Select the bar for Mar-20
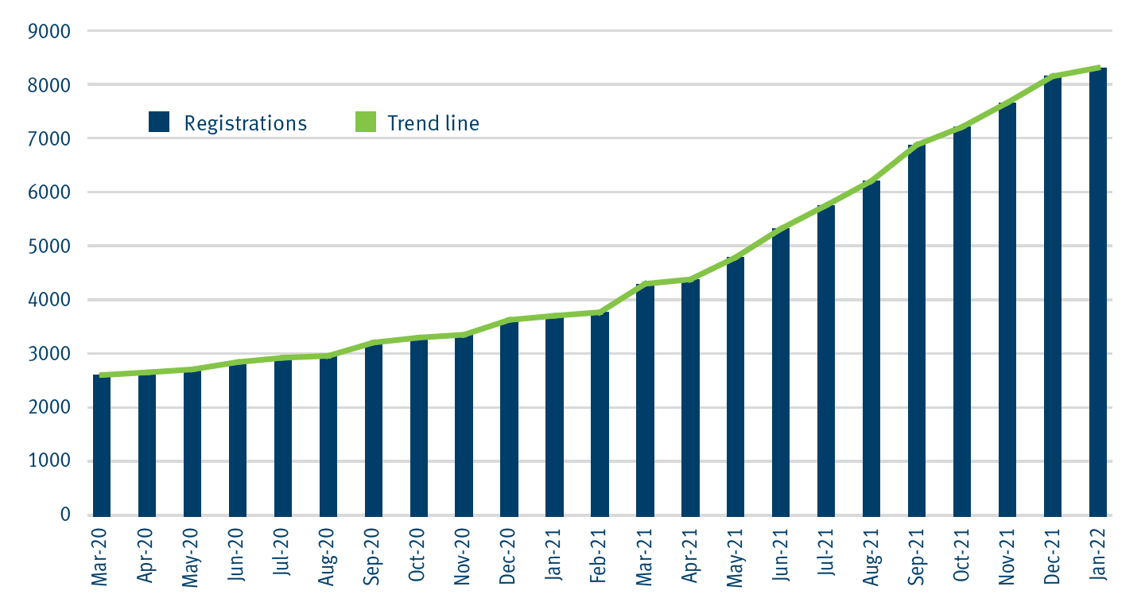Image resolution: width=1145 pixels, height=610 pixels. (x=102, y=445)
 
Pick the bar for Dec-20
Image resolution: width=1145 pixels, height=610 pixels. (x=509, y=418)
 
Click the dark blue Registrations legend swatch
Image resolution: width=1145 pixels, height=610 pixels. (x=159, y=122)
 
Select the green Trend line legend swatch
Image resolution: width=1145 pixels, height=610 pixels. (x=364, y=122)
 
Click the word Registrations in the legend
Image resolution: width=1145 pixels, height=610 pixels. (x=245, y=123)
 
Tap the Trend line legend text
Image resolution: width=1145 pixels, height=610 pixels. (x=433, y=123)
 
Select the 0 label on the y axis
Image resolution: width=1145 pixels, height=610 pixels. (x=65, y=515)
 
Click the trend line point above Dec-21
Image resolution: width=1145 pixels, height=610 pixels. (x=1053, y=76)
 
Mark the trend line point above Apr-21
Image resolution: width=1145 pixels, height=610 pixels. (x=690, y=279)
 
